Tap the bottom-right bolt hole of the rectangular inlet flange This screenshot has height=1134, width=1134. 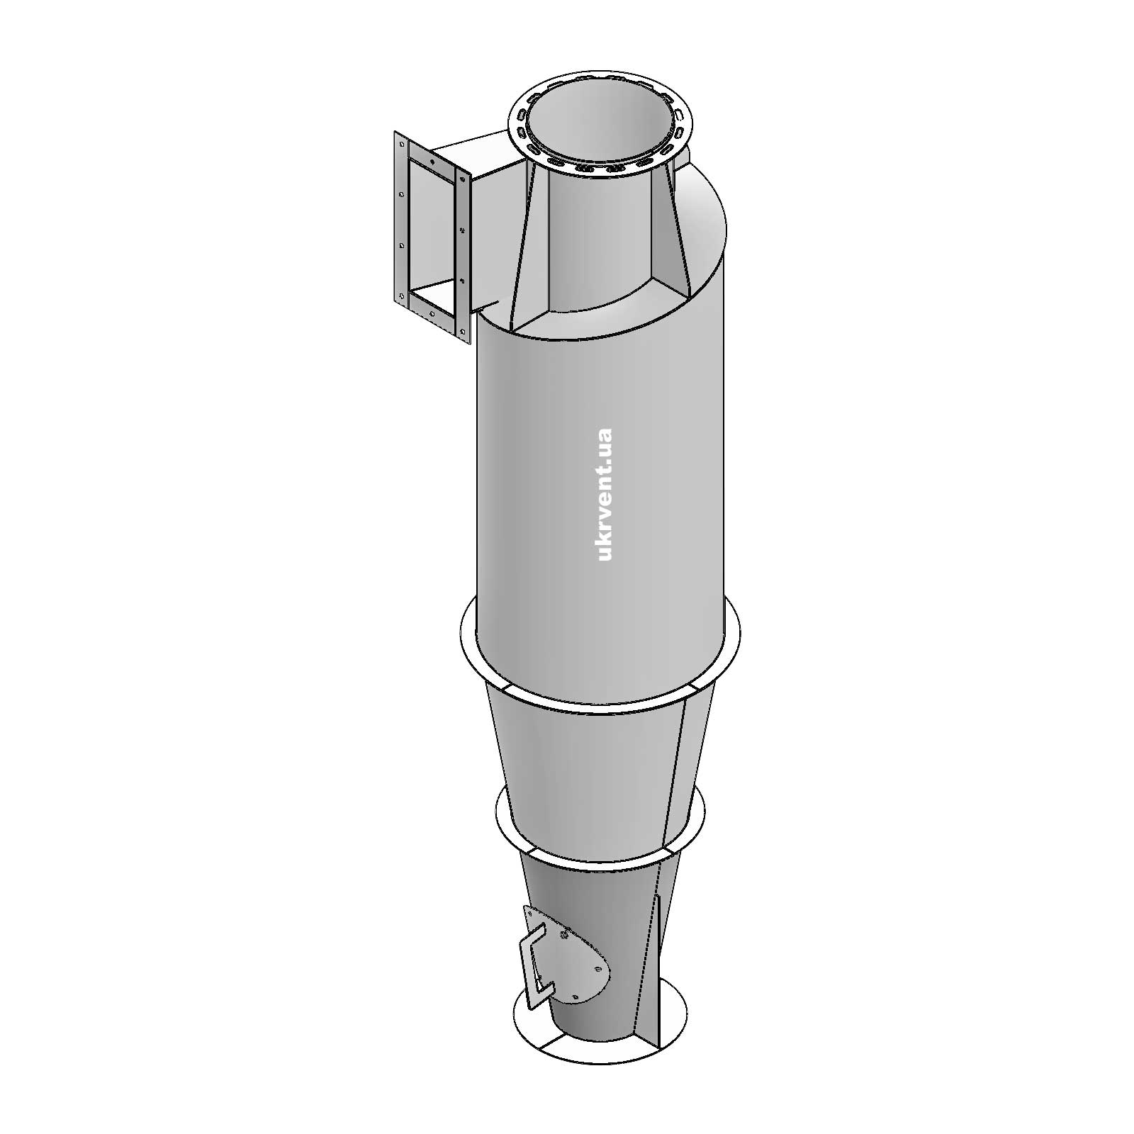click(x=462, y=331)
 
